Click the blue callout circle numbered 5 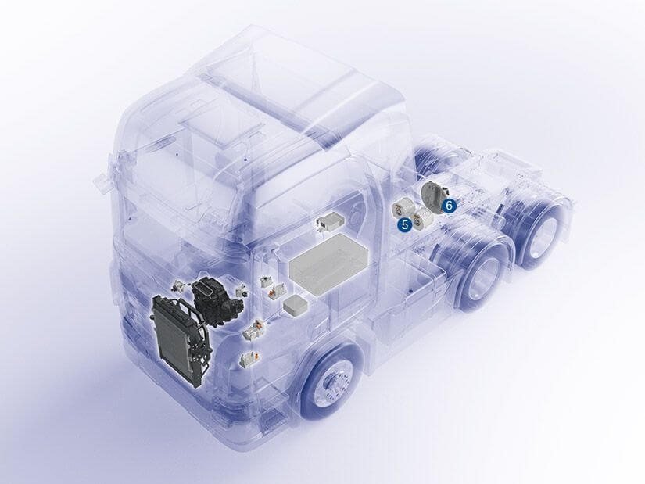[405, 224]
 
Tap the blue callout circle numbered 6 [450, 205]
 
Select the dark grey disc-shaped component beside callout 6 [435, 196]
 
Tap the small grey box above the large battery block [331, 222]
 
